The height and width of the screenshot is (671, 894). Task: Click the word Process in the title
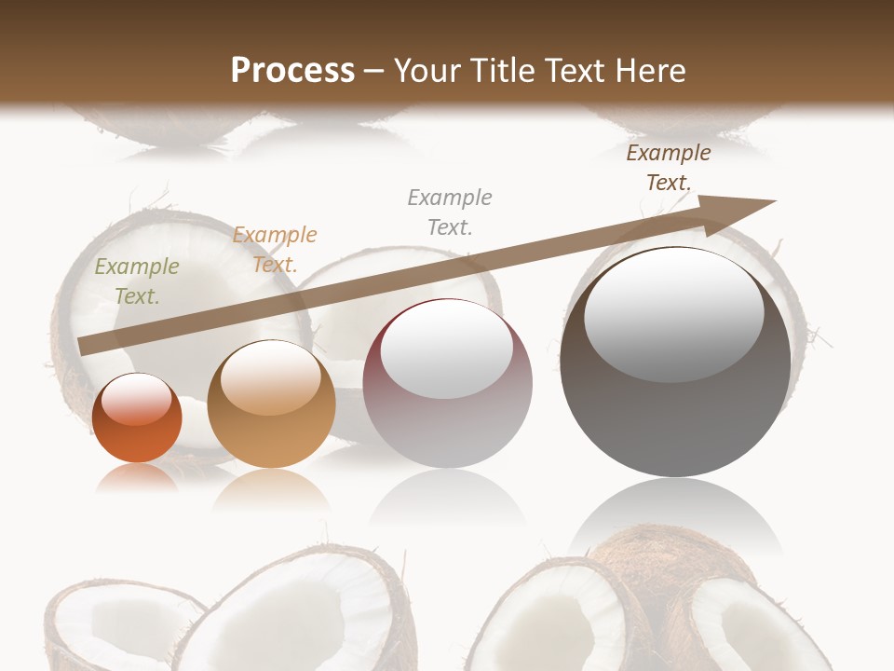pos(292,71)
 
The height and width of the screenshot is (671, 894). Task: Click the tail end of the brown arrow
pos(86,345)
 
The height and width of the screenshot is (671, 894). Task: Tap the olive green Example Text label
pos(137,281)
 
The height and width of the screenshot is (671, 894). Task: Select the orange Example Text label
pos(275,250)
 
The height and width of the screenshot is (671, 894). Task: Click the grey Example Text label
pos(450,212)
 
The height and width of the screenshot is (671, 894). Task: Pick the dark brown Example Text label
pos(669,168)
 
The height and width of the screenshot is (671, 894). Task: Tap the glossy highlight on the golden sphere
pos(271,377)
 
